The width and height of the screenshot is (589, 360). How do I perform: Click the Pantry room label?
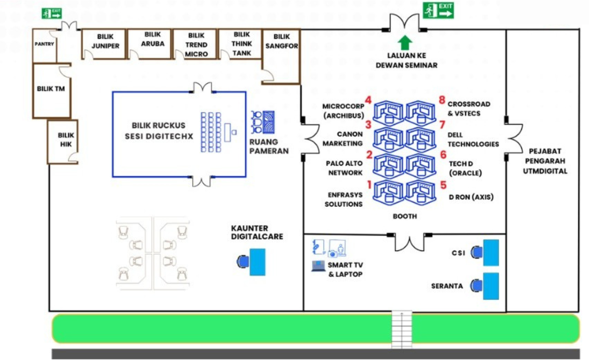[44, 44]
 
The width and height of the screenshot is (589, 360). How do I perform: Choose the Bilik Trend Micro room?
[196, 45]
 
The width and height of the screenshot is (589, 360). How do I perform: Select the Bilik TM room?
[51, 89]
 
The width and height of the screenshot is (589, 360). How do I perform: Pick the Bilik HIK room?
[65, 140]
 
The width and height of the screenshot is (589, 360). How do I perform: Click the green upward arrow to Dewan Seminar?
[405, 42]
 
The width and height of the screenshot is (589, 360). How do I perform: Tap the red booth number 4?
[367, 100]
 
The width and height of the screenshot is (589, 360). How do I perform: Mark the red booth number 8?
[442, 100]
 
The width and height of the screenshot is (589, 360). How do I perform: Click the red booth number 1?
[368, 185]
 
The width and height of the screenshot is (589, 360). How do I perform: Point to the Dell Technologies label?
[473, 139]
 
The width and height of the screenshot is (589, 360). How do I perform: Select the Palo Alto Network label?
[344, 168]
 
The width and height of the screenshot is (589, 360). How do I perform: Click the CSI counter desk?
[490, 252]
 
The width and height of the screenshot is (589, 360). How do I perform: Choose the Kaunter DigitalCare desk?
[257, 262]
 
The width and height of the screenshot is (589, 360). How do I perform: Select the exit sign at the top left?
[52, 13]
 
